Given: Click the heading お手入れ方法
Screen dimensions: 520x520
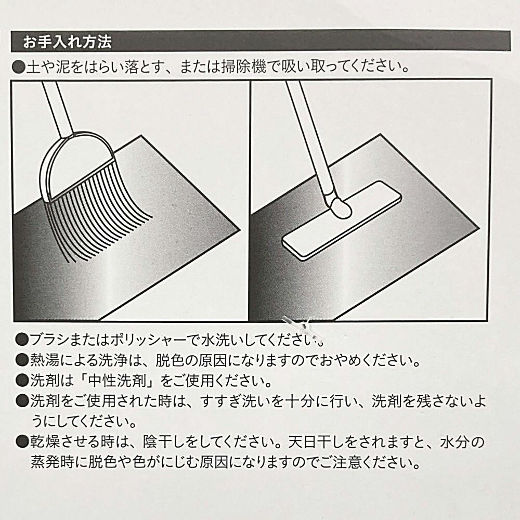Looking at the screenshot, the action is coord(67,42).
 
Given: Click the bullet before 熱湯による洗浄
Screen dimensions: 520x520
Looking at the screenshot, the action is coord(22,360).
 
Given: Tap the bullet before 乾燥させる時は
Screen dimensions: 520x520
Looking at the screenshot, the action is coord(22,441).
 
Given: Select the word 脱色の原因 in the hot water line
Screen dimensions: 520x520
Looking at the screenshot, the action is coord(191,360).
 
